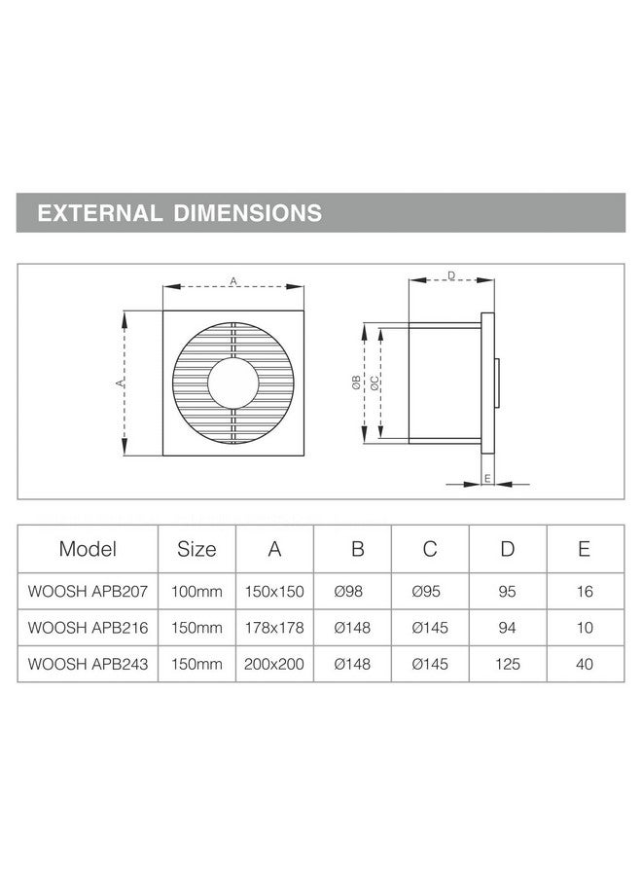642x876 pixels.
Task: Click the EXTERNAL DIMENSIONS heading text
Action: pyautogui.click(x=179, y=212)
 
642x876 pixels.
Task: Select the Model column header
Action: pyautogui.click(x=88, y=549)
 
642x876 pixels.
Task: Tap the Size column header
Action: pyautogui.click(x=196, y=549)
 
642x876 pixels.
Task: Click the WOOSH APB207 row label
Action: pyautogui.click(x=88, y=591)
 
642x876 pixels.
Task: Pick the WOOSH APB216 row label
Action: pyautogui.click(x=88, y=629)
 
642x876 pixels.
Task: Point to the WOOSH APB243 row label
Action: pyautogui.click(x=88, y=666)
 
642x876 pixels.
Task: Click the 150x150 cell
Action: pyautogui.click(x=275, y=591)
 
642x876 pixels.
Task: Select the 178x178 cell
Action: pyautogui.click(x=275, y=629)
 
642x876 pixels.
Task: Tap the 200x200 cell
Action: pyautogui.click(x=275, y=666)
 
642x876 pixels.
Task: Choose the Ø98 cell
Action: pyautogui.click(x=352, y=591)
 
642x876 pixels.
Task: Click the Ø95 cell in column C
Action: pyautogui.click(x=430, y=591)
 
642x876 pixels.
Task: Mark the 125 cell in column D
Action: pyautogui.click(x=507, y=666)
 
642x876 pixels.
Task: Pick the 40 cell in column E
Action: pyautogui.click(x=584, y=666)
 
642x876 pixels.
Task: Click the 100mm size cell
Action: pyautogui.click(x=196, y=591)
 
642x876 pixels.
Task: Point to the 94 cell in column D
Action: pyautogui.click(x=507, y=629)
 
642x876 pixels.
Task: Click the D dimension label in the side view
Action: pyautogui.click(x=451, y=275)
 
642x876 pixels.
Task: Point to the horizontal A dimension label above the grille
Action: pyautogui.click(x=233, y=280)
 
